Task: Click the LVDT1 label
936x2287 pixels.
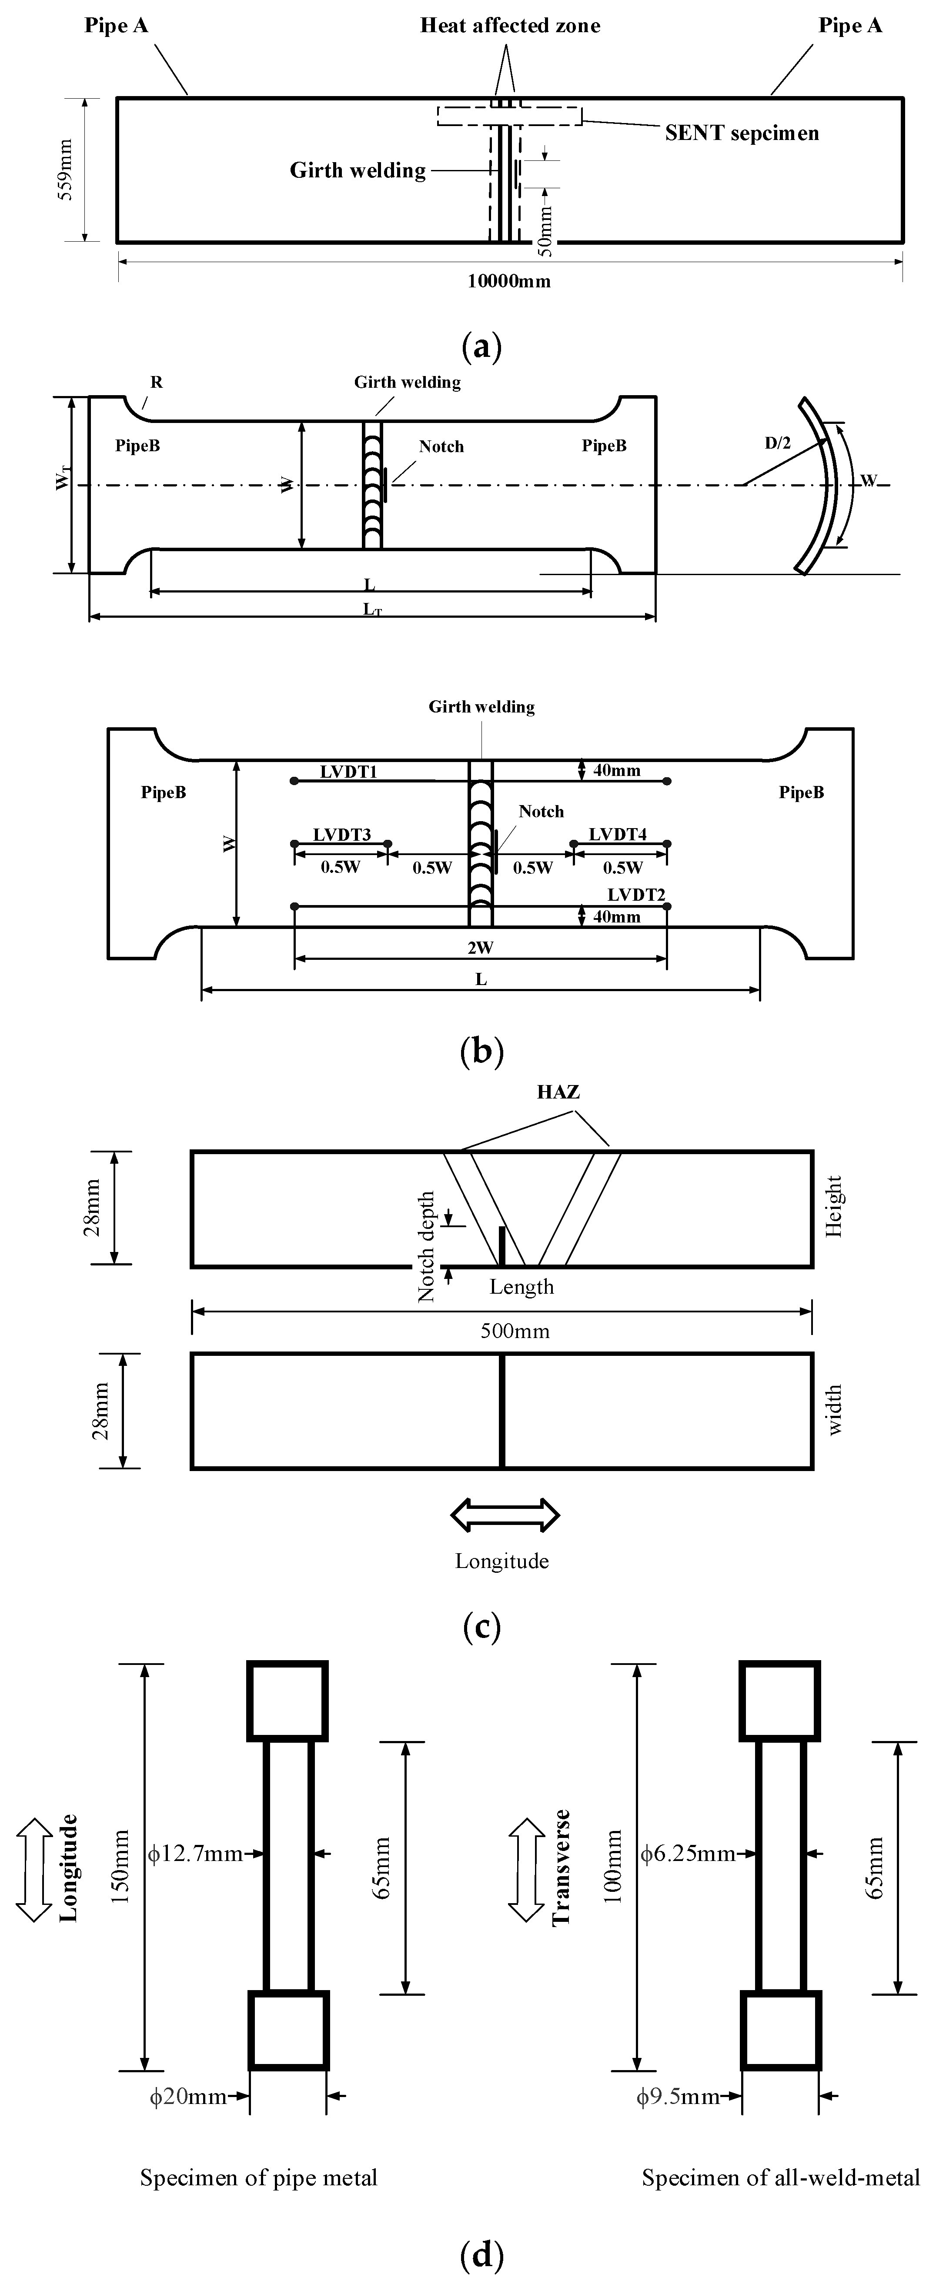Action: click(349, 772)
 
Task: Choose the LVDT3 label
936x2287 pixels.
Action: click(342, 835)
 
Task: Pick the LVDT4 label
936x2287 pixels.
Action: click(618, 835)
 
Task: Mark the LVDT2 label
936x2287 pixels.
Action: click(637, 894)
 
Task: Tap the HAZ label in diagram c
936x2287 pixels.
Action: click(558, 1092)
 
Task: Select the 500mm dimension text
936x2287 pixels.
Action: click(515, 1331)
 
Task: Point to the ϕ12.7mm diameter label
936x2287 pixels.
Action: click(195, 1854)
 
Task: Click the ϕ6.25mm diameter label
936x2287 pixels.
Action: click(687, 1854)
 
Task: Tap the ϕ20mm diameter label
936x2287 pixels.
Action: click(188, 2097)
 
